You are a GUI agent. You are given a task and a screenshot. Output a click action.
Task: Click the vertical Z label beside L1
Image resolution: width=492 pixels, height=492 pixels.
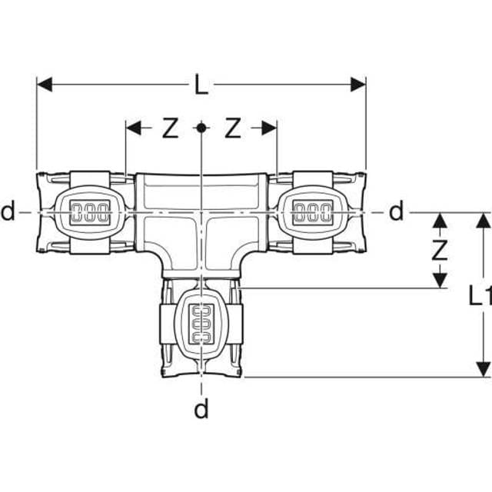point(439,250)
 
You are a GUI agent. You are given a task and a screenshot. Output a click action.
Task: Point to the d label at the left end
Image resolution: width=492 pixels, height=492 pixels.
point(8,211)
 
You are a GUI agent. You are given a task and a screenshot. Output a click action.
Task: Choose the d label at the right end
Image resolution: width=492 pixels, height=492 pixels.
point(396,211)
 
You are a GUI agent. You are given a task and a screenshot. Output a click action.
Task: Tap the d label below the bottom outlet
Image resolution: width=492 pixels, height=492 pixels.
point(201,410)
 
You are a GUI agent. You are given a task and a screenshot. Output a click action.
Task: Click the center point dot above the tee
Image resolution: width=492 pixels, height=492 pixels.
point(201,128)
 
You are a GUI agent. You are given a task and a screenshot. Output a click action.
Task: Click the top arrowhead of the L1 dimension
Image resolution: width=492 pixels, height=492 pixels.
point(482,220)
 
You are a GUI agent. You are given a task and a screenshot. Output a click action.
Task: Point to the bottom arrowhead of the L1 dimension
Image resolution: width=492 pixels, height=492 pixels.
point(482,370)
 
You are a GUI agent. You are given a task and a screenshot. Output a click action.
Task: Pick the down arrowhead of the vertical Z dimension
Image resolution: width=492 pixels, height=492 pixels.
point(439,281)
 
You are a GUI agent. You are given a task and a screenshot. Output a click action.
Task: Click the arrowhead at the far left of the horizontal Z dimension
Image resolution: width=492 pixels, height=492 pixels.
point(133,128)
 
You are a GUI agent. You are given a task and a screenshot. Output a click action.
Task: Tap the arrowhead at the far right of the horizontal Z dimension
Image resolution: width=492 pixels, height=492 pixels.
point(269,128)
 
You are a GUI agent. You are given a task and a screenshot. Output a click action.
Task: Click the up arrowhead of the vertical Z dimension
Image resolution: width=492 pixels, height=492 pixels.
point(439,220)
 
